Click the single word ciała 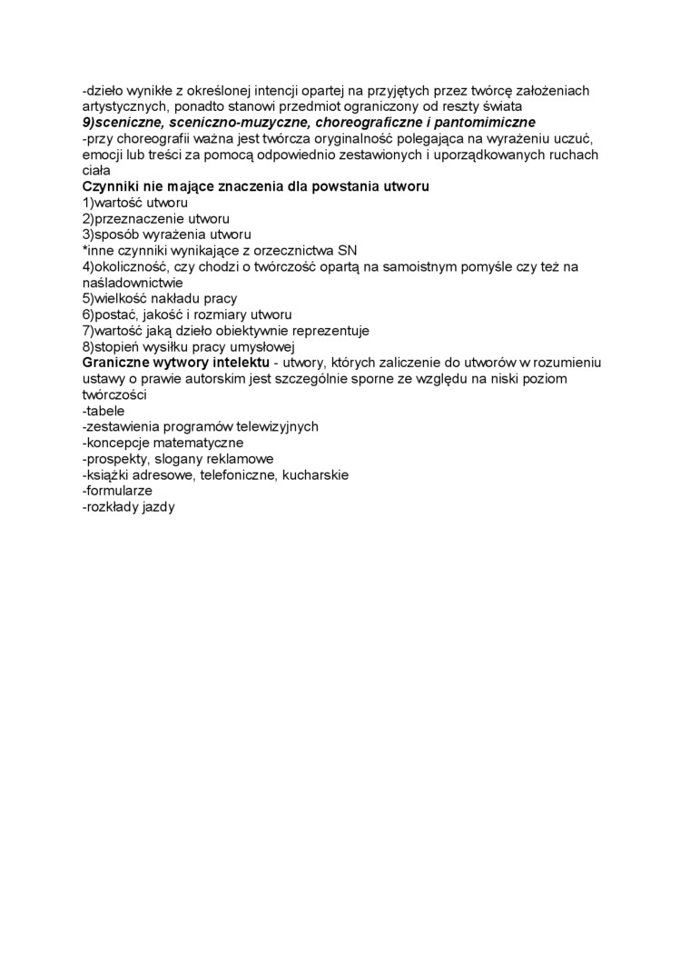(x=95, y=170)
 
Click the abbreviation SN (x=347, y=250)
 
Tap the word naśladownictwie (x=133, y=283)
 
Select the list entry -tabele (x=103, y=411)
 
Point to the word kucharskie (x=315, y=474)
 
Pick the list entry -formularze (x=117, y=491)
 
